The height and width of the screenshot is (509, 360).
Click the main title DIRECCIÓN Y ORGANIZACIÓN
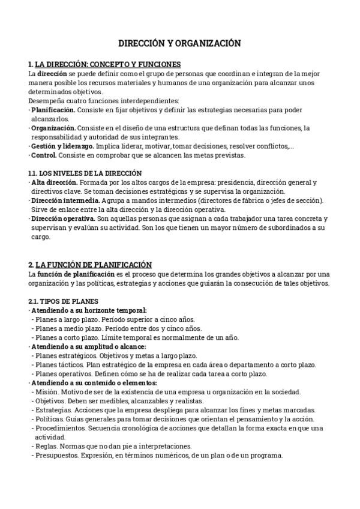point(179,43)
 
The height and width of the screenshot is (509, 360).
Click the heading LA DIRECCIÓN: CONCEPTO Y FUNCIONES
point(108,64)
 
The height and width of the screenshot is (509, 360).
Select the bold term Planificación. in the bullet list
point(53,110)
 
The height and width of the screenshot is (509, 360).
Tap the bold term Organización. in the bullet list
point(53,128)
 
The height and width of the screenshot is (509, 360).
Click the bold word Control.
point(44,155)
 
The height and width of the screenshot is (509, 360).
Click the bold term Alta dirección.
point(55,182)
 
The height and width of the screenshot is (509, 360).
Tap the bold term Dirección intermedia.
point(65,200)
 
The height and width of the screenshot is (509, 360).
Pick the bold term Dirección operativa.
point(64,218)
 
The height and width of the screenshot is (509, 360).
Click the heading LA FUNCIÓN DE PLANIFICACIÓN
point(94,265)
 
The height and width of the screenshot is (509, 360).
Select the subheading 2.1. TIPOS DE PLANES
point(63,301)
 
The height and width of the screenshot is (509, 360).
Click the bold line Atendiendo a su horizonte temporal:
point(89,310)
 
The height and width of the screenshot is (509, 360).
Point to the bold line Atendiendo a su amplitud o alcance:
point(88,346)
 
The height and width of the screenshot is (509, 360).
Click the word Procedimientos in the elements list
point(60,428)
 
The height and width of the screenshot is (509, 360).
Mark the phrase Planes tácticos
point(59,364)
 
